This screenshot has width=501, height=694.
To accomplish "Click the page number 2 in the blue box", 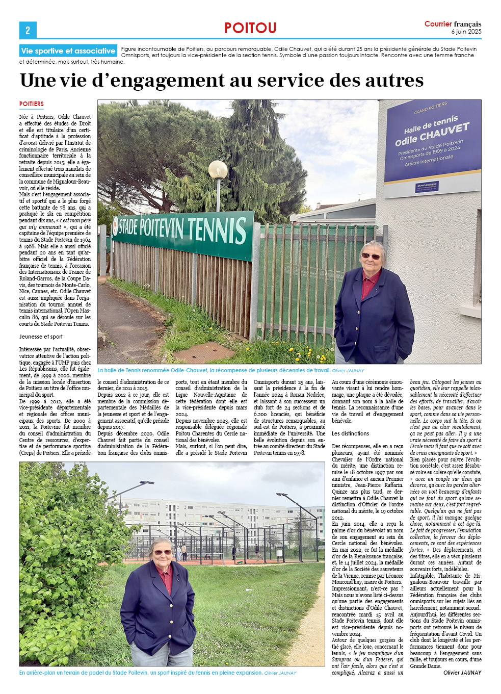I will pyautogui.click(x=28, y=30).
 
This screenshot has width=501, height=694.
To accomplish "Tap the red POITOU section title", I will pyautogui.click(x=250, y=28).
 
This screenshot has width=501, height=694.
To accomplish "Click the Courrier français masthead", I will pyautogui.click(x=453, y=24).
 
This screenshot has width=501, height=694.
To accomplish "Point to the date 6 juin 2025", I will pyautogui.click(x=466, y=32).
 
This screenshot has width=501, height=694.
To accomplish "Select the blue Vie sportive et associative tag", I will pyautogui.click(x=68, y=51).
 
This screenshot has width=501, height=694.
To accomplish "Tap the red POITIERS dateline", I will pyautogui.click(x=32, y=104).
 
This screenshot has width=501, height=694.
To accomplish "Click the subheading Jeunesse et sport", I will pyautogui.click(x=41, y=337).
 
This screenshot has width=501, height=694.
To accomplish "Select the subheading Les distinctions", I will pyautogui.click(x=351, y=433).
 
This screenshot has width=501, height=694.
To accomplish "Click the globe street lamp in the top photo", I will pyautogui.click(x=218, y=169).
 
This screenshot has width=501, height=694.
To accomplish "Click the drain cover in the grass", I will pyautogui.click(x=204, y=352).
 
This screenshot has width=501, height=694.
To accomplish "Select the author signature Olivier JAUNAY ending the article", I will pyautogui.click(x=462, y=673).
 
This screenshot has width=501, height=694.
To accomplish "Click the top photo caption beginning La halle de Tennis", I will pyautogui.click(x=214, y=370).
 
